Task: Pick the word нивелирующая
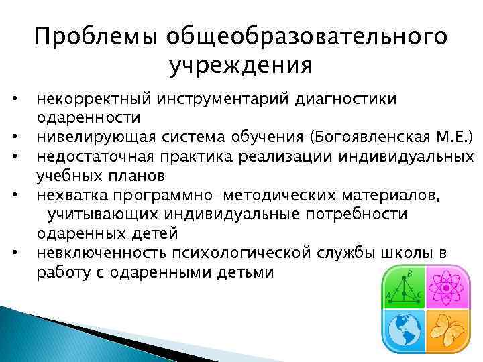tap(96, 138)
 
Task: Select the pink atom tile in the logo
tap(444, 290)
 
